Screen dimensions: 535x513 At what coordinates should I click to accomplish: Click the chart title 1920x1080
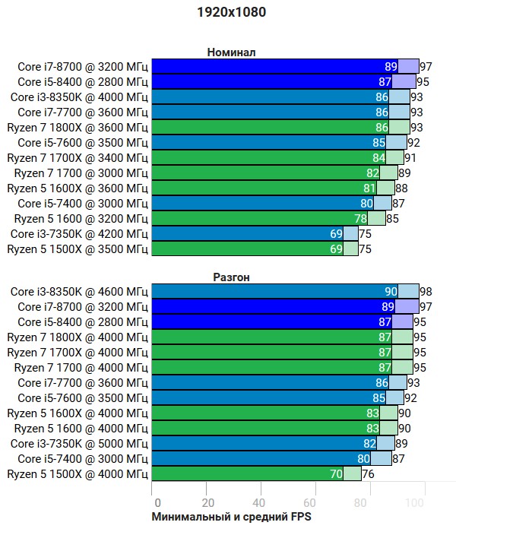click(x=231, y=12)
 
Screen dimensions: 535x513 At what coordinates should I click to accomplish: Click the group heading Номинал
click(x=231, y=52)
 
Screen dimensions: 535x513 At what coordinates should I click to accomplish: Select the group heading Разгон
click(x=231, y=277)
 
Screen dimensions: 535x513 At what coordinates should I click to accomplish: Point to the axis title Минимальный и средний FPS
click(x=231, y=517)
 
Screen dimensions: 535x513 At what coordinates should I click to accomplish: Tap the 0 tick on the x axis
click(x=157, y=502)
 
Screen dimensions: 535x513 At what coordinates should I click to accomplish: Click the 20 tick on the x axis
click(x=207, y=502)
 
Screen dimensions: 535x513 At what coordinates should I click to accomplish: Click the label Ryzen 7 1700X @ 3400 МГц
click(x=78, y=157)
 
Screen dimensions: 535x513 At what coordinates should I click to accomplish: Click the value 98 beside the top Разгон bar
click(x=426, y=291)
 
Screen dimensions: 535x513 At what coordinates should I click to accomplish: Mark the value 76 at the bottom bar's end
click(x=368, y=473)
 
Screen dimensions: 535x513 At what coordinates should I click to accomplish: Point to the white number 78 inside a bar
click(x=361, y=218)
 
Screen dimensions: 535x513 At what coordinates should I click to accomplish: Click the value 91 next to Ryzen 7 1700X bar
click(x=410, y=157)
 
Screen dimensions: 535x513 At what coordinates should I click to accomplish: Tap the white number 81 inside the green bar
click(x=370, y=188)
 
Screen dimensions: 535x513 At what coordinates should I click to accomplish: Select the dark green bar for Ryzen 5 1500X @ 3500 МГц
click(x=243, y=249)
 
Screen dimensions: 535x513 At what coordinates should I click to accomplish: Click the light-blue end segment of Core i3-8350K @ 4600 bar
click(x=408, y=291)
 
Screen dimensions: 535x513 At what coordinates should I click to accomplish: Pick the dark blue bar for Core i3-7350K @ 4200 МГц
click(x=243, y=233)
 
